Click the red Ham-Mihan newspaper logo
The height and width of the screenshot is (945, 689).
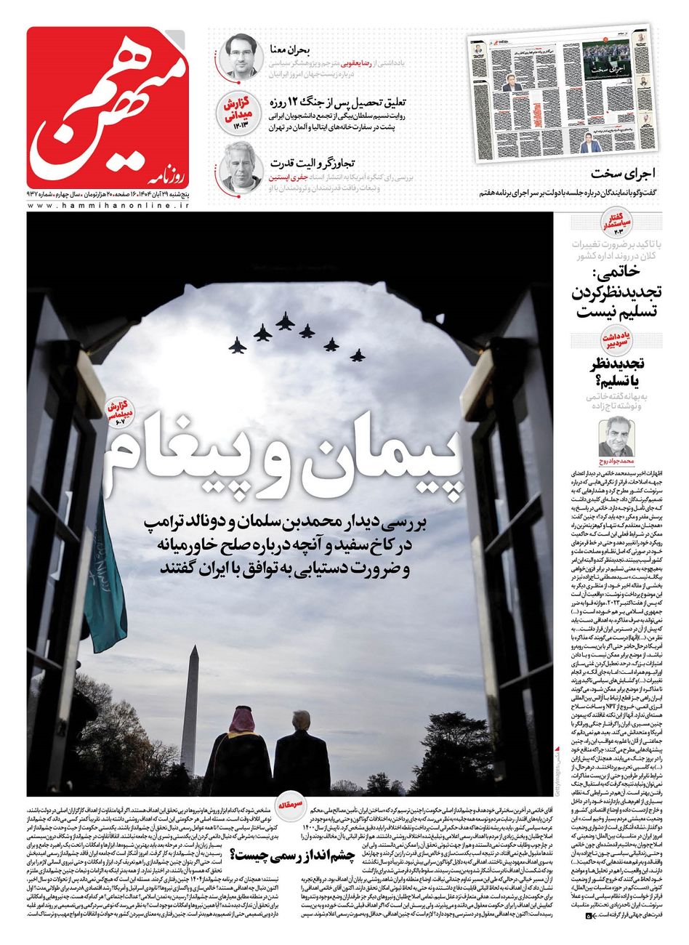coord(108,108)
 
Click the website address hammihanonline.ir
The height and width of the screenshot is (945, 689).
coord(108,206)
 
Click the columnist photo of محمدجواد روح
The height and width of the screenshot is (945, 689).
coord(616,439)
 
